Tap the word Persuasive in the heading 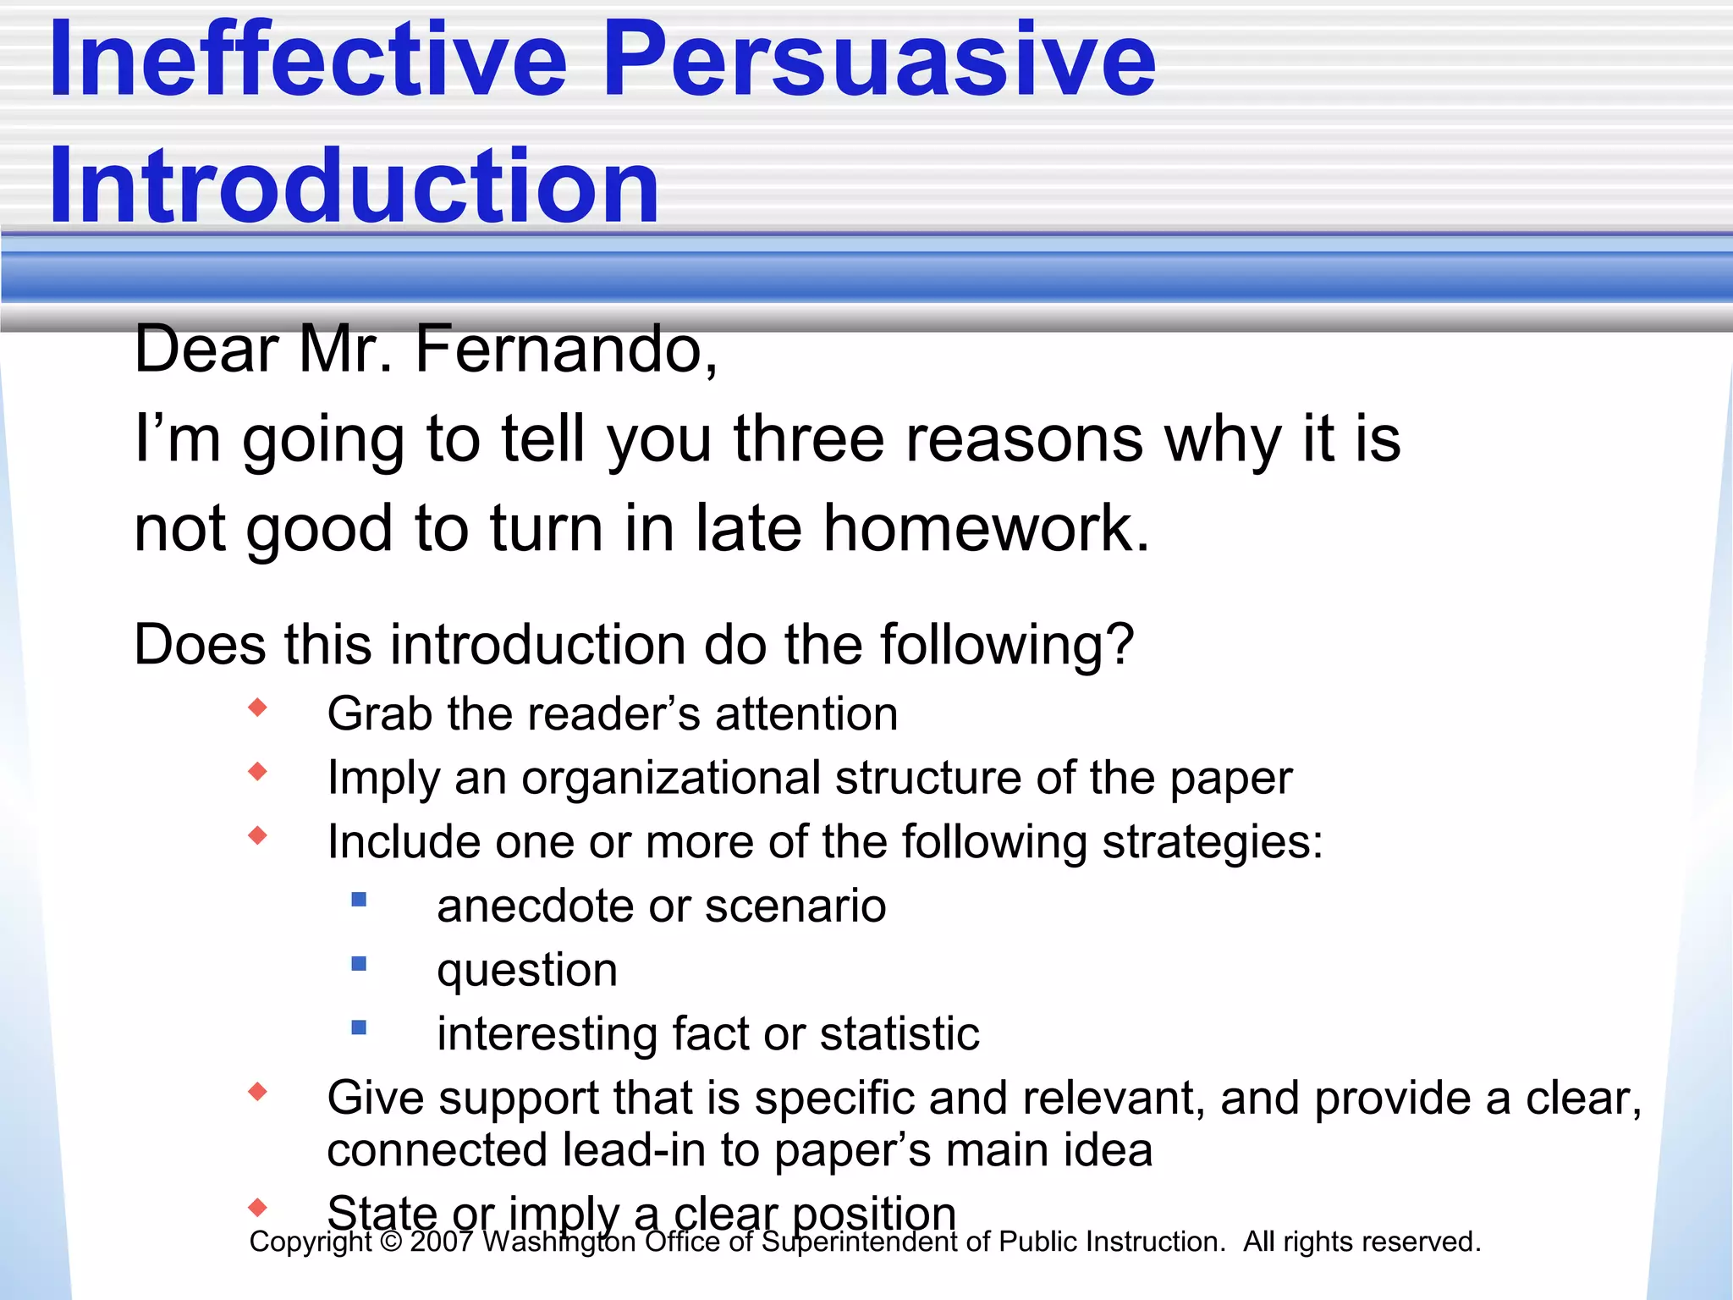(879, 61)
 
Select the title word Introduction (354, 186)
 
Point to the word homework (986, 529)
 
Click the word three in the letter (808, 440)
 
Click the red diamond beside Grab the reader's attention (258, 708)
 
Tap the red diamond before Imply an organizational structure (258, 772)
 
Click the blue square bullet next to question (359, 964)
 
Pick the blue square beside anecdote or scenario (359, 900)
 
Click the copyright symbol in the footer (391, 1242)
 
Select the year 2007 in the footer (441, 1242)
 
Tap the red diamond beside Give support (258, 1092)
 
